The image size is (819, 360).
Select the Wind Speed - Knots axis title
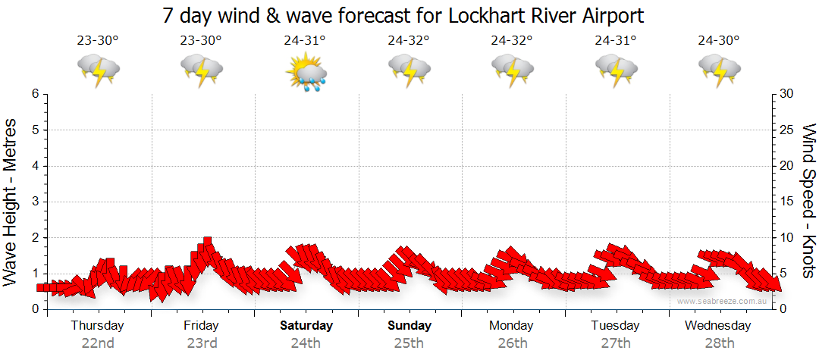click(807, 201)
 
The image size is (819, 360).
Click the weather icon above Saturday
click(306, 72)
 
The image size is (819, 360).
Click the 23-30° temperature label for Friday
click(201, 41)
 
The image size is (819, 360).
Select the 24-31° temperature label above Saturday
click(305, 41)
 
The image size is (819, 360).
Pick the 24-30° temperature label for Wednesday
click(719, 41)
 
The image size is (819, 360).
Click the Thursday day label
click(98, 326)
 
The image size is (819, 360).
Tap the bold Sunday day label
click(409, 326)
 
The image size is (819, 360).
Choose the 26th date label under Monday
click(513, 343)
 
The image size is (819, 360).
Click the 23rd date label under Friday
click(202, 343)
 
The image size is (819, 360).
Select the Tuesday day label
click(615, 326)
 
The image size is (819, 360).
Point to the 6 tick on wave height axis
click(35, 94)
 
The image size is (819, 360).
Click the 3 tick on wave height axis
click(35, 202)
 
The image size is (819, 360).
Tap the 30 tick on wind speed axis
click(786, 94)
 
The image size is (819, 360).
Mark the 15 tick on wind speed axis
click(786, 202)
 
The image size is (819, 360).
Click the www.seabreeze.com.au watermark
click(722, 301)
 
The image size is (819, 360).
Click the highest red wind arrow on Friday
click(206, 245)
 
